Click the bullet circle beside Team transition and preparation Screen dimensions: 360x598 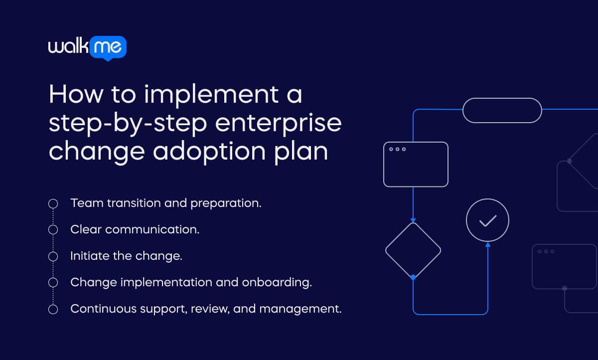[53, 203]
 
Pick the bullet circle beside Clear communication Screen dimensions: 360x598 [53, 230]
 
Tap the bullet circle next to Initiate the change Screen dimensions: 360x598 [53, 256]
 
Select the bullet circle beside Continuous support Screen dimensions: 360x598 [53, 309]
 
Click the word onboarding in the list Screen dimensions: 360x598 [277, 283]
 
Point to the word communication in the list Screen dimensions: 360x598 [152, 230]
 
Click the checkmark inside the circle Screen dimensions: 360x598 [487, 220]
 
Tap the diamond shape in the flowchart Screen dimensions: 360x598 [413, 250]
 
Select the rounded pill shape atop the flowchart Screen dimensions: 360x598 [502, 110]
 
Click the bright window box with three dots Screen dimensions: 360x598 [416, 165]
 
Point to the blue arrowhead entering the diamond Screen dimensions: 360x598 [413, 220]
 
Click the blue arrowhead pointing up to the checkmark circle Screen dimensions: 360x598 [487, 245]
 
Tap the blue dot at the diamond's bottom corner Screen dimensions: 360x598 [413, 277]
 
